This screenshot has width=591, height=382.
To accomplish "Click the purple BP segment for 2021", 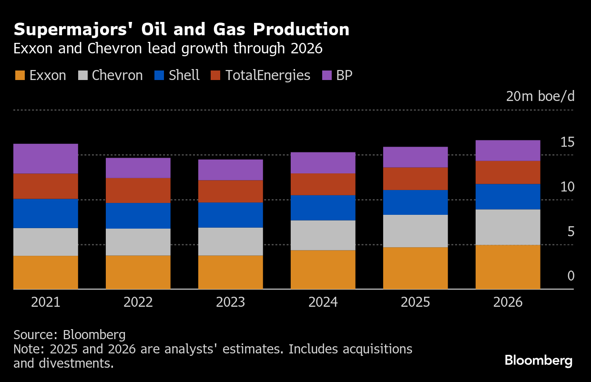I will click(x=46, y=159).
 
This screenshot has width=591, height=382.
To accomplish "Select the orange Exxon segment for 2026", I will click(x=508, y=267).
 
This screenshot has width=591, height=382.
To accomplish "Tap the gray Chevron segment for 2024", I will click(x=323, y=235).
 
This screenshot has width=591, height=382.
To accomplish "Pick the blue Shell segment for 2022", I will click(x=138, y=216).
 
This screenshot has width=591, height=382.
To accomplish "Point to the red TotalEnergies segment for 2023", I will click(x=231, y=191).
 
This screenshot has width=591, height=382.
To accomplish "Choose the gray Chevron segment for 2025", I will click(x=416, y=231).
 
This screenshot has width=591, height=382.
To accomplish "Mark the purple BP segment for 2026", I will click(x=508, y=151).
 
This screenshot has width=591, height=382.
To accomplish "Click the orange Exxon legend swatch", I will click(x=20, y=75).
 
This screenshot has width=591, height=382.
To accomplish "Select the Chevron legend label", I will click(x=117, y=75).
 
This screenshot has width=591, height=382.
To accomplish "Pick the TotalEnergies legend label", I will click(x=267, y=75).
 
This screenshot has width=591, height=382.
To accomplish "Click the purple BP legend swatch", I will click(x=327, y=75).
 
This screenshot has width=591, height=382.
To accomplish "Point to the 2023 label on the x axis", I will click(x=231, y=302).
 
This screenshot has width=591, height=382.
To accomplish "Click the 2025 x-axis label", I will click(x=416, y=302).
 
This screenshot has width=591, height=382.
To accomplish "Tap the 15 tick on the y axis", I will click(x=567, y=142).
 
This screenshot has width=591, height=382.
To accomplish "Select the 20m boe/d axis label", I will click(x=540, y=96).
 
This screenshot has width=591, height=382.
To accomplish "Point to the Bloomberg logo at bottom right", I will click(x=539, y=360).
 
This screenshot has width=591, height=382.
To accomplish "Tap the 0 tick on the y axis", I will click(x=571, y=276).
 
